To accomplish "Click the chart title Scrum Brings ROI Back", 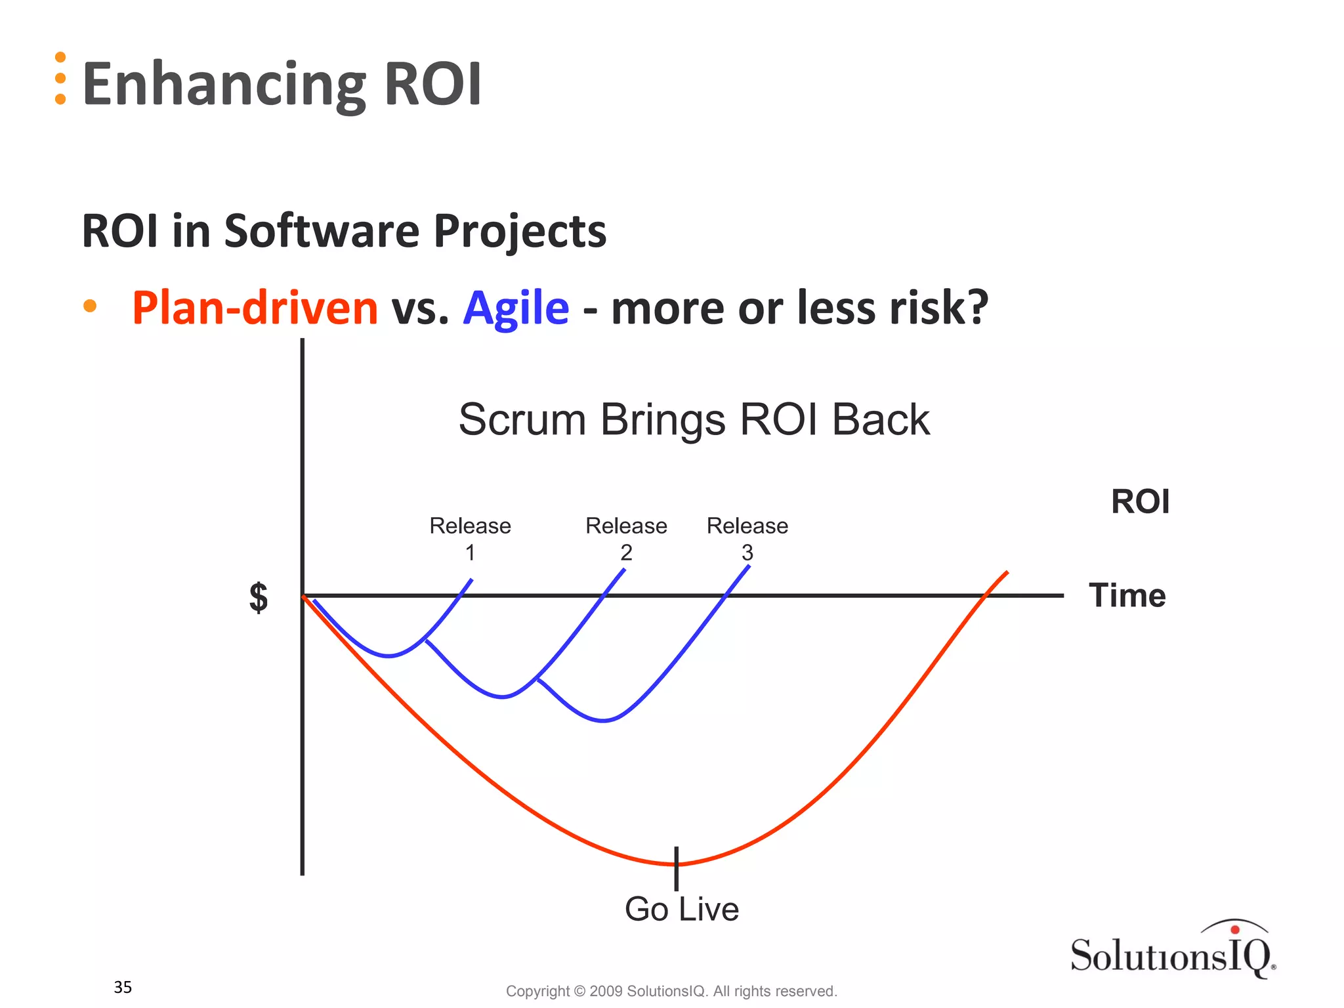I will pyautogui.click(x=694, y=419).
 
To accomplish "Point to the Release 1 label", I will pyautogui.click(x=470, y=538).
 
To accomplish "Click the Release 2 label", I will pyautogui.click(x=626, y=538).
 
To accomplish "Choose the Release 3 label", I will pyautogui.click(x=747, y=538).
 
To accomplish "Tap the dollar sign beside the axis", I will pyautogui.click(x=259, y=597).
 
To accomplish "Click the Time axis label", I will pyautogui.click(x=1127, y=595).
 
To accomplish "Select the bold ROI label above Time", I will pyautogui.click(x=1140, y=501).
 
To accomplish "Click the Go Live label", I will pyautogui.click(x=681, y=909).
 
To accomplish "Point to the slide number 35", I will pyautogui.click(x=123, y=987).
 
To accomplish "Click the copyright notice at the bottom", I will pyautogui.click(x=671, y=991).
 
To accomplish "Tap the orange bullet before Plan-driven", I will pyautogui.click(x=90, y=306).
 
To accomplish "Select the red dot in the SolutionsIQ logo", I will pyautogui.click(x=1235, y=929).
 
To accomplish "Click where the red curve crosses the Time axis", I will pyautogui.click(x=985, y=595).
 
